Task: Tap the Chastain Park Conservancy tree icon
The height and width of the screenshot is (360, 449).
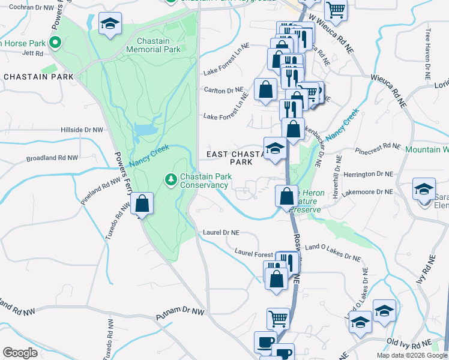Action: (171, 179)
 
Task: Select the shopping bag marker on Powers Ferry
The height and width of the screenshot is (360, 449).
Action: (142, 204)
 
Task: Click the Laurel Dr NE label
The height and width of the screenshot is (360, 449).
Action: (221, 232)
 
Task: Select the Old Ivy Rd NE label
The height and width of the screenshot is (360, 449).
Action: (410, 342)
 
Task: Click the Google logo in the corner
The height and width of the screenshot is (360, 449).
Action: (20, 353)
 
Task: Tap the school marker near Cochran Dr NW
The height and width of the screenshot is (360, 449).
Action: (110, 24)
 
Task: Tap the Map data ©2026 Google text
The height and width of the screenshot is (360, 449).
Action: (412, 355)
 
